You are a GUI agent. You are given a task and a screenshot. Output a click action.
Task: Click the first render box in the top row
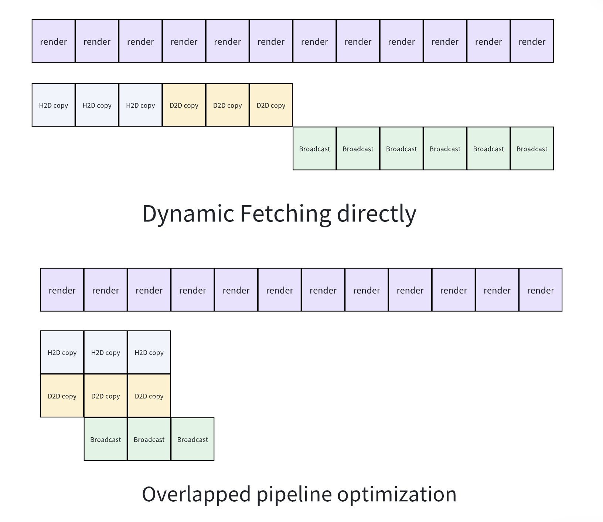[x=54, y=41]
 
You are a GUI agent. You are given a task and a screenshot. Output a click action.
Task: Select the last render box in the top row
[x=532, y=41]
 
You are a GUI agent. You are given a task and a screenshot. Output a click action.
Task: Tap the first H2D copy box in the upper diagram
[x=54, y=105]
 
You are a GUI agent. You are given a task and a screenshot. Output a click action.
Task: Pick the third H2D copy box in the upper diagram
[x=140, y=105]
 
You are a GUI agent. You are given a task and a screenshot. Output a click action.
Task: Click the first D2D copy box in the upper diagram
[x=184, y=105]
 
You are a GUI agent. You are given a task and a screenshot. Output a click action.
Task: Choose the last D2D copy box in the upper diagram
[x=271, y=105]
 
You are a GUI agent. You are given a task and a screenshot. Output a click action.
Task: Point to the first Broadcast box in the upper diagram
[x=314, y=149]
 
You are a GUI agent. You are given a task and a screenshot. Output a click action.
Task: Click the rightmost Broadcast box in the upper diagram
[x=532, y=149]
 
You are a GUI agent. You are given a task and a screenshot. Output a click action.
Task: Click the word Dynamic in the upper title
[x=188, y=214]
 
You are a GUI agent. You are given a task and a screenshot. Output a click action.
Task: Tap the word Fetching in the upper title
[x=286, y=214]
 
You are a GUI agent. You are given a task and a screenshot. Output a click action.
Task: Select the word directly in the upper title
[x=377, y=214]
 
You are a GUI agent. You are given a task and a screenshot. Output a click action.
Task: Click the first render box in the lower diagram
[x=62, y=290]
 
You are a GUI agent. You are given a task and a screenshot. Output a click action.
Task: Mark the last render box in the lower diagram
[x=541, y=290]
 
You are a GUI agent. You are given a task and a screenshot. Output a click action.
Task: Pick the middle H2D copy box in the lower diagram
[x=106, y=352]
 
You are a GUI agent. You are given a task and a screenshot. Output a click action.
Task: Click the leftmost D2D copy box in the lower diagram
[x=62, y=396]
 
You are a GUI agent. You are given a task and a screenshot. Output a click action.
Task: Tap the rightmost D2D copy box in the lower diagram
[x=149, y=396]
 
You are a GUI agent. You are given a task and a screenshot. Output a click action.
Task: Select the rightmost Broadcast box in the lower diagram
[x=193, y=439]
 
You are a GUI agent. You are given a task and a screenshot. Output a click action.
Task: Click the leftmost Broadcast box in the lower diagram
[x=106, y=439]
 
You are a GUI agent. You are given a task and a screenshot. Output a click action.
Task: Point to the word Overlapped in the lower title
[x=196, y=495]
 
